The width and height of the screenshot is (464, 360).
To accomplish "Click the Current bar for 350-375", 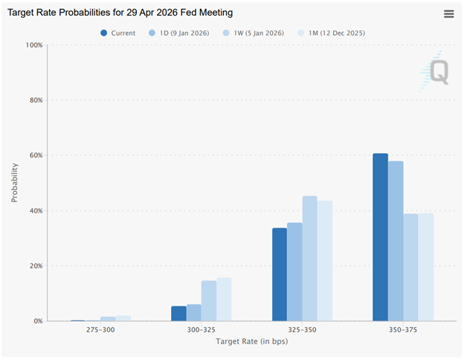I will [x=380, y=237].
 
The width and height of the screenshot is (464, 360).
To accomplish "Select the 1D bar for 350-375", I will [x=396, y=241].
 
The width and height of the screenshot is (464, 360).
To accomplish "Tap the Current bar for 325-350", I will [x=280, y=274].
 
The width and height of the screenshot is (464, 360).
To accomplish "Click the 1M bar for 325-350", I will [x=325, y=261].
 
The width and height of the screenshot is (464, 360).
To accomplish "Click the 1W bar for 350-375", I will [x=410, y=268].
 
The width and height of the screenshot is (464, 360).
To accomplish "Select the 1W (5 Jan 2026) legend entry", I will [x=255, y=33].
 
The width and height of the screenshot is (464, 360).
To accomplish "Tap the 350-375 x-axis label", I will [x=402, y=330].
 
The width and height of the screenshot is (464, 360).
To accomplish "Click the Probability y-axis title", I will [x=14, y=183].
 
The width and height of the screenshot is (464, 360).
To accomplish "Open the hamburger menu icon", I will [x=448, y=14].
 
